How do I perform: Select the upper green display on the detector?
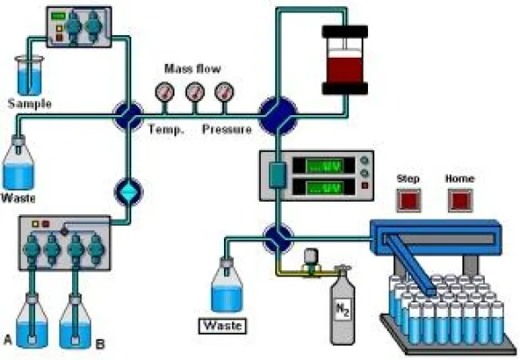[x=324, y=166]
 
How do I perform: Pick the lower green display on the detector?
[x=324, y=189]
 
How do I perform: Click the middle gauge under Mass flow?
[x=193, y=92]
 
